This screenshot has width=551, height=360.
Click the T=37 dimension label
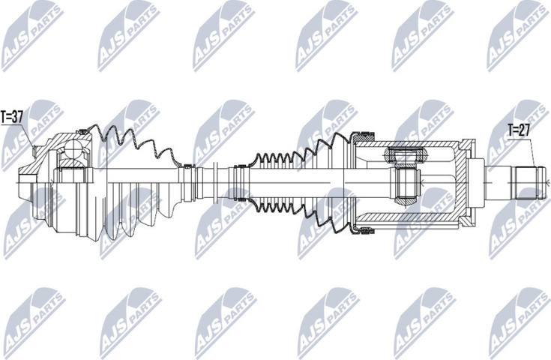13,117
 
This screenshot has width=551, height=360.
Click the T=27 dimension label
519,128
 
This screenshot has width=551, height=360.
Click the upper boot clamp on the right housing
364,136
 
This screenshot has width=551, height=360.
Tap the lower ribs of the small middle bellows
277,201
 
